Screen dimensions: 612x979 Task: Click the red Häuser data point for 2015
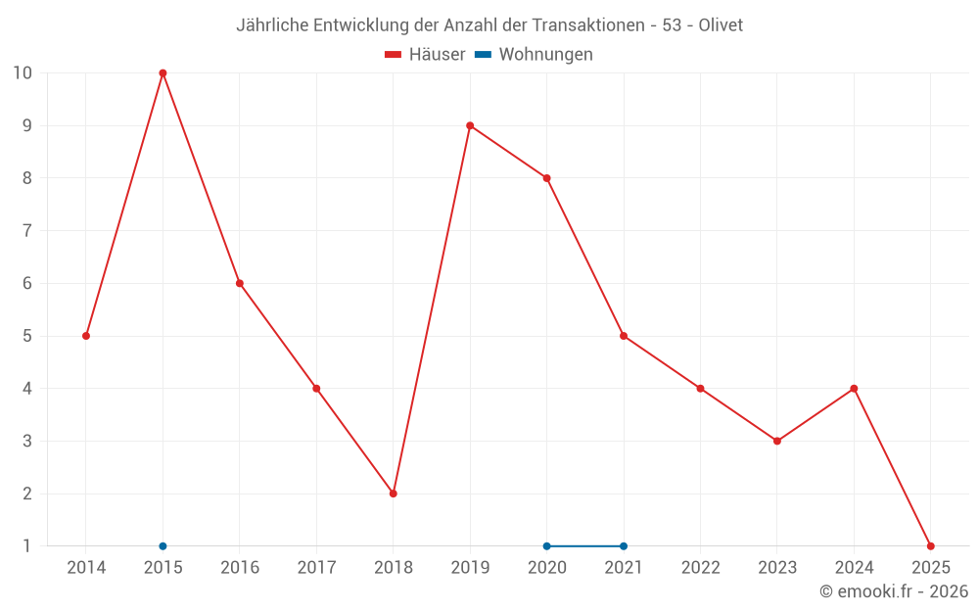pos(163,72)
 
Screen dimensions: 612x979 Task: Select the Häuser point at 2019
pos(470,125)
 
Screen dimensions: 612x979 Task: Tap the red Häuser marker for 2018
pos(393,494)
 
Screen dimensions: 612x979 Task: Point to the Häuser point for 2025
pos(930,546)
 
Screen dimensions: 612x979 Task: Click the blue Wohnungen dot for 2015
pos(163,546)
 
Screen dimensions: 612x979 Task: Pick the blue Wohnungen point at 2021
pos(624,546)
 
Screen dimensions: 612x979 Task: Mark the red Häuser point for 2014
pos(86,336)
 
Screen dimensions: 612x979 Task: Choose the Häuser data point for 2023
pos(777,441)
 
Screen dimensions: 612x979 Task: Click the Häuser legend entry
pos(425,55)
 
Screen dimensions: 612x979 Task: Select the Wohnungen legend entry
pos(535,55)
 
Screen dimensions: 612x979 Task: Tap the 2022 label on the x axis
pos(700,568)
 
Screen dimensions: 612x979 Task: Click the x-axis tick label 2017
pos(316,568)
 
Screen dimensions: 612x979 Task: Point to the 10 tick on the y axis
pos(22,72)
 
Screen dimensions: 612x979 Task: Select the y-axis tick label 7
pos(26,231)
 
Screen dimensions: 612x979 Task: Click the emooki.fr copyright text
pos(894,591)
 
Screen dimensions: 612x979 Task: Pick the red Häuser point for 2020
pos(546,178)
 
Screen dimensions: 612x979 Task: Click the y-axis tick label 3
pos(26,441)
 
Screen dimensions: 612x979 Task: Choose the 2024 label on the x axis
pos(854,568)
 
